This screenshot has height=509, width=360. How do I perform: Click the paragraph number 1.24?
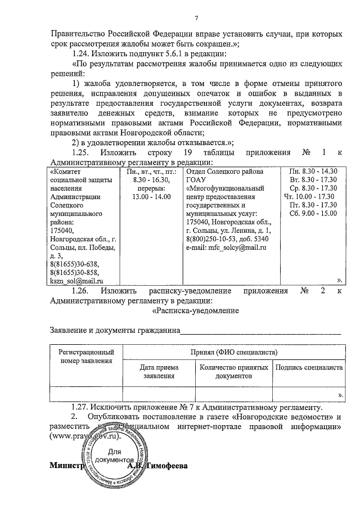tap(83, 54)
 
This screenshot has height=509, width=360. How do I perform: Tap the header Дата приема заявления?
tap(159, 371)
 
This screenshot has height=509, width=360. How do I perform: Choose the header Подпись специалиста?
tap(308, 367)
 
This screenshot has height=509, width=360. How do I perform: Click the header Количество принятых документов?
tap(233, 371)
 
